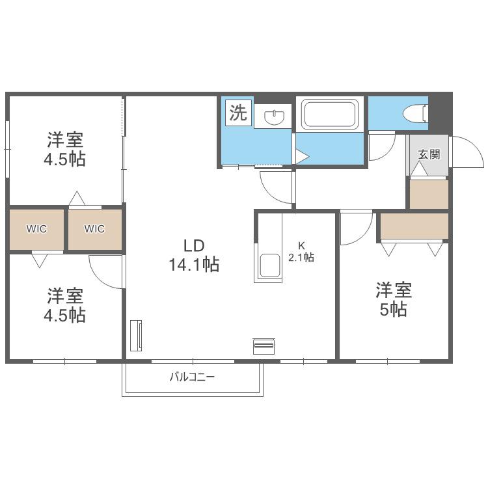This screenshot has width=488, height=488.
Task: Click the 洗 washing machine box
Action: click(x=238, y=113)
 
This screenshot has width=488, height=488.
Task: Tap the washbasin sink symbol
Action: click(x=274, y=117)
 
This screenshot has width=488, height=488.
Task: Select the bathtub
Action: click(x=330, y=114)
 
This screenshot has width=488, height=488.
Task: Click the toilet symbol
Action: click(x=416, y=113)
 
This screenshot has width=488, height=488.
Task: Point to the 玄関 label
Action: click(x=429, y=154)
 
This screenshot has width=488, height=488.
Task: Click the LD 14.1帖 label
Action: click(x=194, y=255)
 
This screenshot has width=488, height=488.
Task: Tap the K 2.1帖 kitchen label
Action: click(x=301, y=252)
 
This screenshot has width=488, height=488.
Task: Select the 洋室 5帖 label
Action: click(x=394, y=299)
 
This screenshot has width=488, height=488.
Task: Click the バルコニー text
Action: click(x=193, y=377)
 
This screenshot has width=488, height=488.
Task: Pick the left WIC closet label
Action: click(x=36, y=229)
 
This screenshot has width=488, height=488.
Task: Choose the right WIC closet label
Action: click(x=94, y=229)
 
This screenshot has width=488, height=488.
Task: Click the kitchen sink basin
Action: click(x=270, y=265)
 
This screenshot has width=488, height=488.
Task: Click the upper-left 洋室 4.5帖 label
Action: click(x=64, y=150)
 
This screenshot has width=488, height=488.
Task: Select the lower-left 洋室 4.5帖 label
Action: click(x=64, y=305)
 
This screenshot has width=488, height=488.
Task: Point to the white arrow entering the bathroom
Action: click(x=302, y=157)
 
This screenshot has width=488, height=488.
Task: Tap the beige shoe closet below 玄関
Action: click(x=429, y=194)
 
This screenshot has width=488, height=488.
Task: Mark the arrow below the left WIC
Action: click(x=40, y=260)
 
